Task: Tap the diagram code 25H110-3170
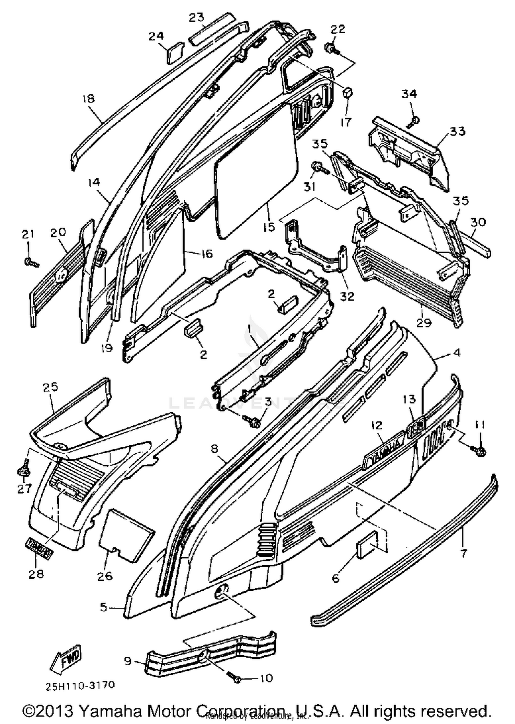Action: coord(80,685)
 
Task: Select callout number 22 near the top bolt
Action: coord(337,30)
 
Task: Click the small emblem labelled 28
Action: coord(39,553)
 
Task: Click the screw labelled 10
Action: coord(235,678)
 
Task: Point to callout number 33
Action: coord(457,132)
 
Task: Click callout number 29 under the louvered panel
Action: coord(424,323)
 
